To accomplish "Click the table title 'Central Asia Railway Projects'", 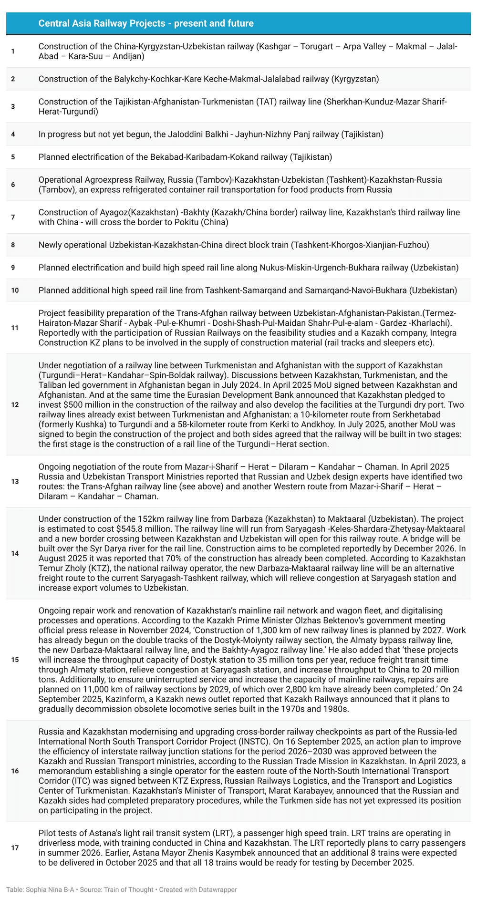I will [145, 23].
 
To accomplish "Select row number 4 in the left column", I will [13, 134].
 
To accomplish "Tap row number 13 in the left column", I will [14, 482].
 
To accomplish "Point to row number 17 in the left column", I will [14, 848].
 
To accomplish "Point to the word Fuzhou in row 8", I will [416, 245].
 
